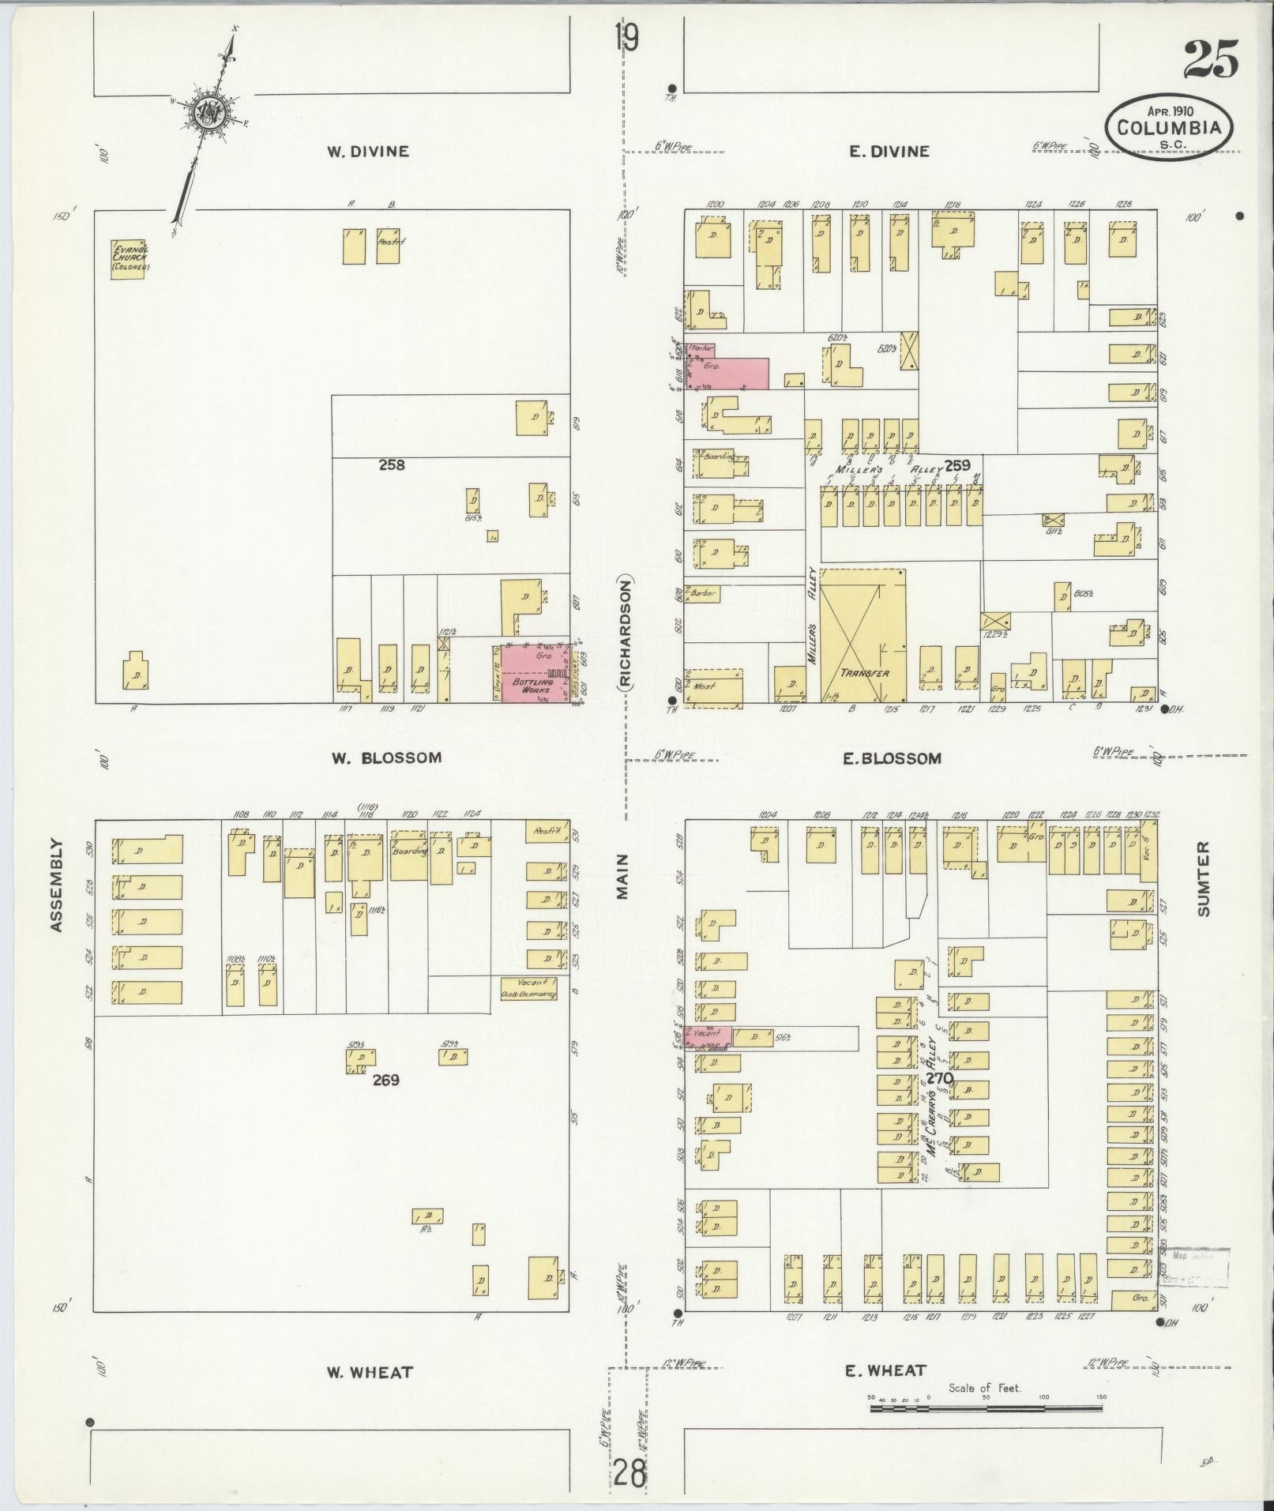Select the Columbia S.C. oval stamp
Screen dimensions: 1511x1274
tap(1170, 128)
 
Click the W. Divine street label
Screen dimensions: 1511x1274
tap(368, 151)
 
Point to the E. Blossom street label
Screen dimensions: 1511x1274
tap(892, 758)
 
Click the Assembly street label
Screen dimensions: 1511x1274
tap(56, 885)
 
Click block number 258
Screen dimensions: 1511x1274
tap(391, 464)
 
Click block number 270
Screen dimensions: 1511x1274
tap(940, 1077)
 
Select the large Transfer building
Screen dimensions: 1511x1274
tap(862, 635)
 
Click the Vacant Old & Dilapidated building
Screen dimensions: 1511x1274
tap(528, 988)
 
